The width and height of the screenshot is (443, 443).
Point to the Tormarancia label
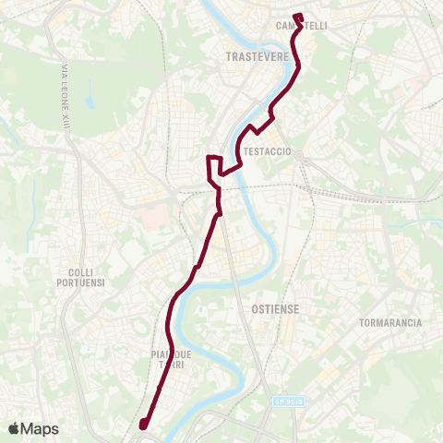tap(390, 323)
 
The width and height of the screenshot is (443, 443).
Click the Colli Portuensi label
tap(90, 278)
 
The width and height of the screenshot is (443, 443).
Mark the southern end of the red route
tap(143, 425)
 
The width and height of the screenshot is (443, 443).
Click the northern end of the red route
tap(296, 16)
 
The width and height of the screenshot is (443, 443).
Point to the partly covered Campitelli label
tap(302, 26)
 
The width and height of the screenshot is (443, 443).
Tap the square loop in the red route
tap(213, 165)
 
